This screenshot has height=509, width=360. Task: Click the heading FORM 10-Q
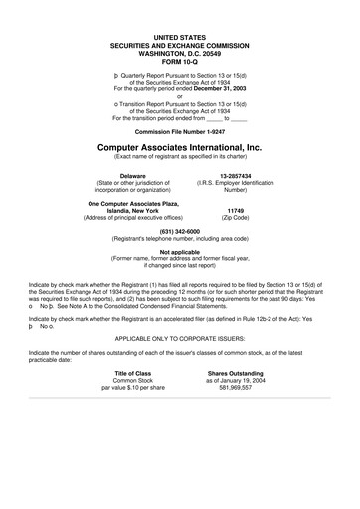tap(179, 59)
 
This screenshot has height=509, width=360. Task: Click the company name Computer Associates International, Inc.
tap(179, 147)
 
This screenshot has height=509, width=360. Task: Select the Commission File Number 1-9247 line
tap(179, 131)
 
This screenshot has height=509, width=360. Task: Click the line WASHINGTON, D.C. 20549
tap(179, 51)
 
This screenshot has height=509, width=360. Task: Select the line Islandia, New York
tap(131, 211)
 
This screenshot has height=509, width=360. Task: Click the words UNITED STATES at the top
tap(179, 35)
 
